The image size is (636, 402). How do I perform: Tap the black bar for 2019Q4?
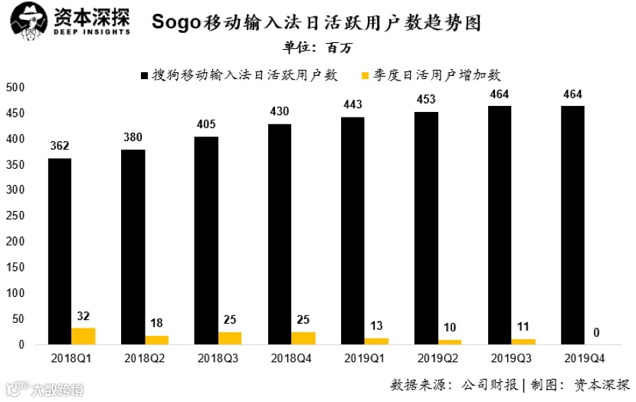[573, 226]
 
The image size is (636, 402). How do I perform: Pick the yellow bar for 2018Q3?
[231, 338]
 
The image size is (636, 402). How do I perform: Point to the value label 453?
[426, 99]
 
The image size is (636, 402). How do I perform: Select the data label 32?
[84, 315]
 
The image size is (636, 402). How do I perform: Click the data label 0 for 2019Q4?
[596, 333]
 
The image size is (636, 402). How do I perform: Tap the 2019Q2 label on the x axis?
[438, 358]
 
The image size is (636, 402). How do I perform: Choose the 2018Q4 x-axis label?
[291, 358]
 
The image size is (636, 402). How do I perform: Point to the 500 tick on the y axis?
[16, 87]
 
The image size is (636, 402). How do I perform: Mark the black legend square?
[144, 75]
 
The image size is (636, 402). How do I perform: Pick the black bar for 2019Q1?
[352, 231]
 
